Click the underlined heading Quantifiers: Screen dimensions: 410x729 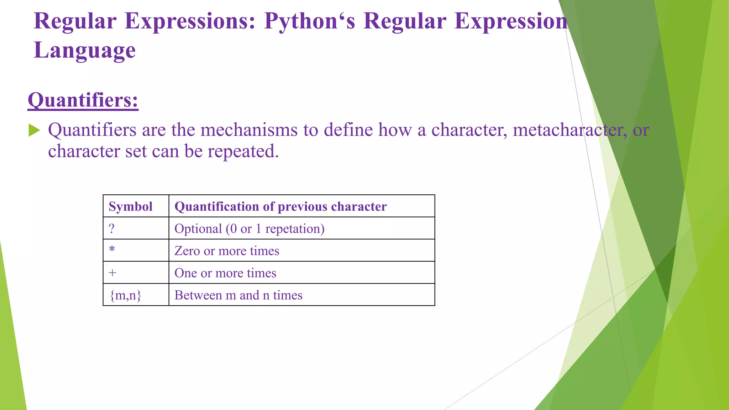83,100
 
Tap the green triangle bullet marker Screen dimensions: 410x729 34,130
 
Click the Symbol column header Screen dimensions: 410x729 130,206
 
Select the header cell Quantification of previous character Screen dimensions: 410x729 280,206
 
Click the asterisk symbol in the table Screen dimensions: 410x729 112,249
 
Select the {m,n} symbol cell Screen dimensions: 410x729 125,295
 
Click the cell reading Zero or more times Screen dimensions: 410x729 227,251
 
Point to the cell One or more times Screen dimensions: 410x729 225,273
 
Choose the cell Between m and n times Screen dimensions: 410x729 238,295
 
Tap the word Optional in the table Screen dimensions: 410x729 198,228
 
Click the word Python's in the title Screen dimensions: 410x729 309,21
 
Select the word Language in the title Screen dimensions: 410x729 85,50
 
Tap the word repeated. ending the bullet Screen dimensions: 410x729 243,151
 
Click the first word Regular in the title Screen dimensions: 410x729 75,21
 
